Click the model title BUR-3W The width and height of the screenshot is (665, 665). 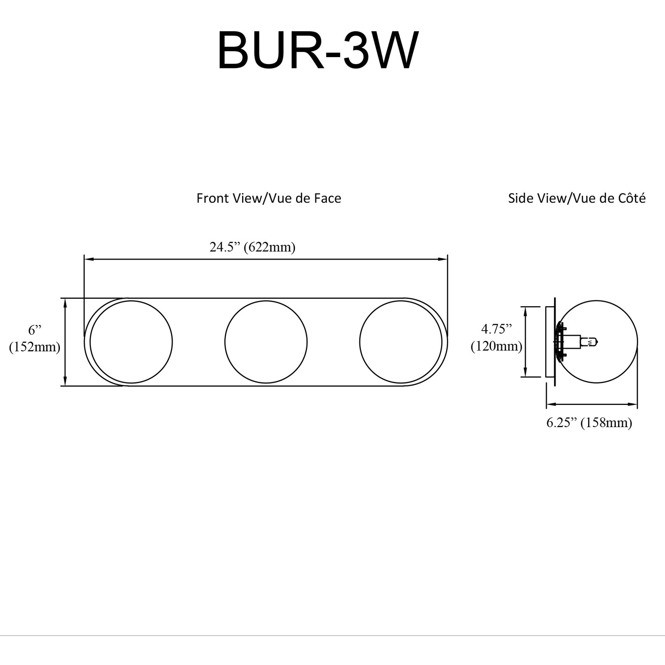[318, 51]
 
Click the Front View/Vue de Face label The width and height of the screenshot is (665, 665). [269, 198]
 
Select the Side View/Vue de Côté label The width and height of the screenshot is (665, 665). [577, 198]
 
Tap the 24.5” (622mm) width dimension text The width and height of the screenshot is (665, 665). [252, 247]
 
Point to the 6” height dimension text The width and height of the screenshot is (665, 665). [35, 330]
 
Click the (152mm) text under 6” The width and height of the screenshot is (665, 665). [35, 347]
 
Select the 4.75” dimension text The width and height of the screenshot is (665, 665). [496, 329]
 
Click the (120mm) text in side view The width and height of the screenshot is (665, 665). [496, 346]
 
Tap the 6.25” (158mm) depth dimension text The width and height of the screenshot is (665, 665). [589, 422]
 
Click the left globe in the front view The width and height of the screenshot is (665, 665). [131, 342]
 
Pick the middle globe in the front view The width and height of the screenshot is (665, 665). [266, 342]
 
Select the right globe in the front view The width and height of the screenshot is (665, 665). [401, 342]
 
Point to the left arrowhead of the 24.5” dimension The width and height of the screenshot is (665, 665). [88, 259]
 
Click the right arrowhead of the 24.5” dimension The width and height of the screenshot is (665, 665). [444, 259]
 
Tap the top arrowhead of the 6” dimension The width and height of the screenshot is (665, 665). [65, 302]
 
